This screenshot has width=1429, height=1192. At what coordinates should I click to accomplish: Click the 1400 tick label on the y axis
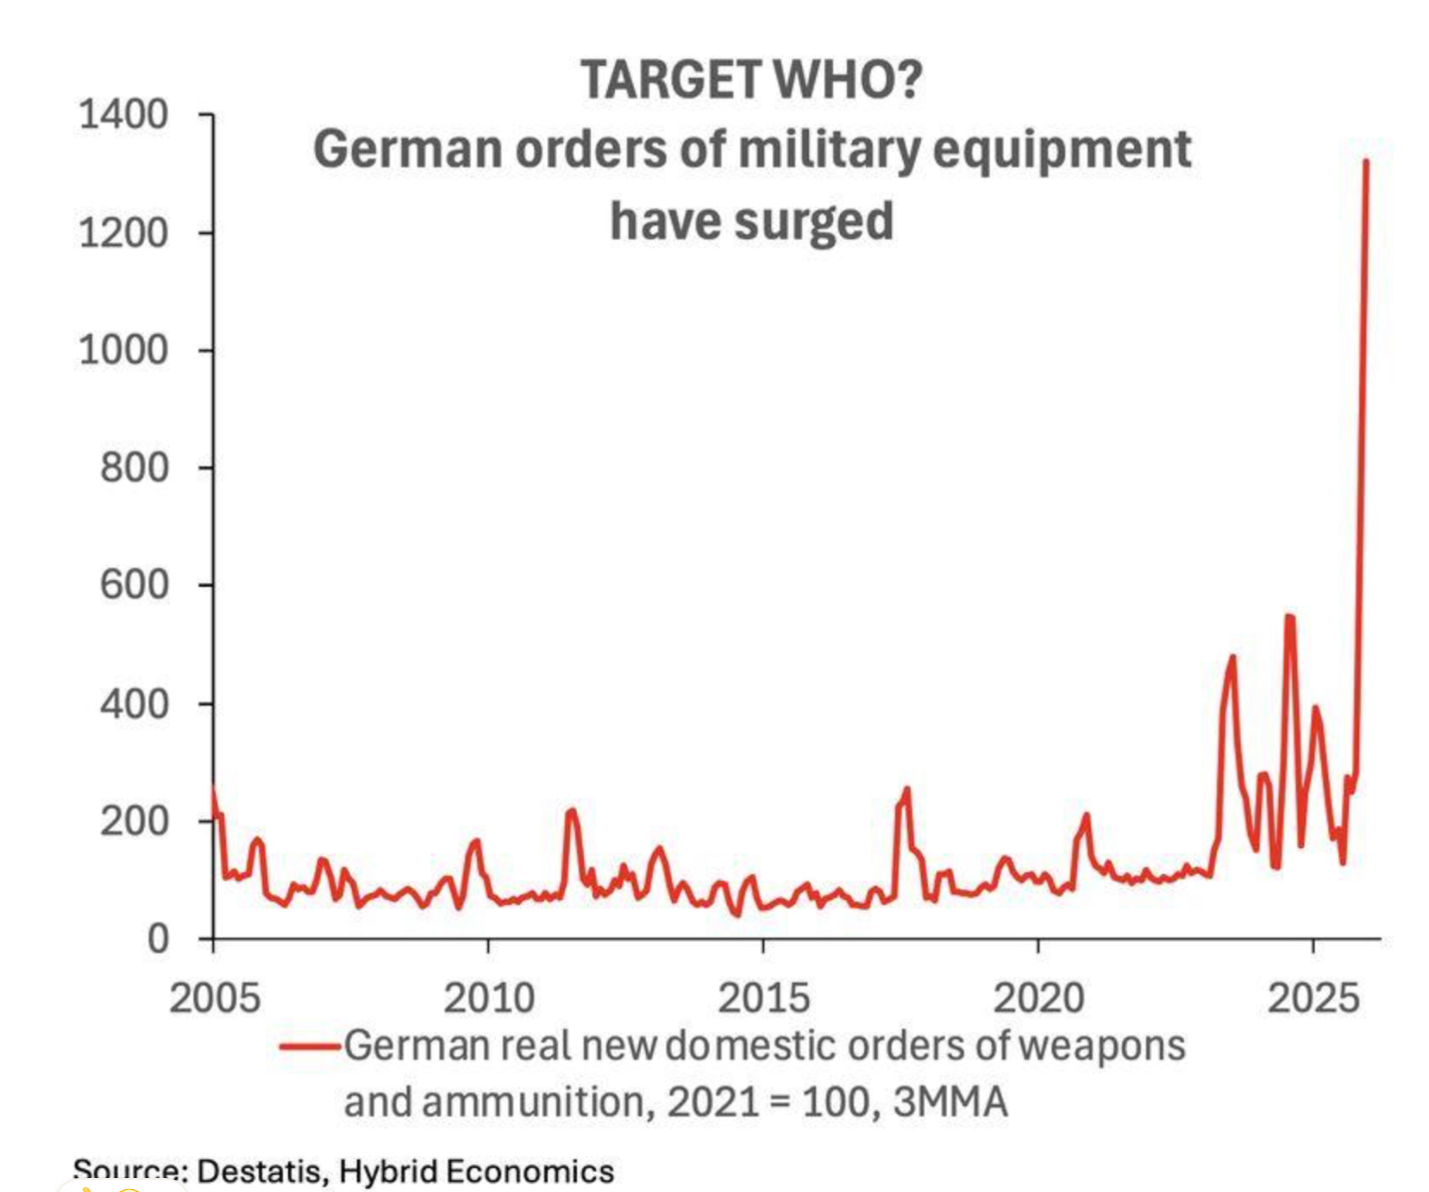click(124, 116)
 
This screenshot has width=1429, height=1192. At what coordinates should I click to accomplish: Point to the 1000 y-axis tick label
click(124, 351)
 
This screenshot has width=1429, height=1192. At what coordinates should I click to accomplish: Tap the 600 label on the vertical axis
click(135, 585)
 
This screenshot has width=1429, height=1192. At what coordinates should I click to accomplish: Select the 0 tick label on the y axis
click(157, 939)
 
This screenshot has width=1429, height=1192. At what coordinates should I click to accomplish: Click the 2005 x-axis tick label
click(214, 997)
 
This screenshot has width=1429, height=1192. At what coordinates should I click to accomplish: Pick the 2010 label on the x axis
click(488, 997)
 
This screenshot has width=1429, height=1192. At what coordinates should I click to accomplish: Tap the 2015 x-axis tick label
click(763, 997)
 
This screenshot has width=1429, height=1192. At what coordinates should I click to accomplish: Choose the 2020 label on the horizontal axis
click(1038, 997)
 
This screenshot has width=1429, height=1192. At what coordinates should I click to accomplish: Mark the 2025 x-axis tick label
click(1312, 997)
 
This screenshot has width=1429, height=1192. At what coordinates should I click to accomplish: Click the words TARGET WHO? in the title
click(751, 80)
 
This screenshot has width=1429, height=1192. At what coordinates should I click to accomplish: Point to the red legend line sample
click(310, 1046)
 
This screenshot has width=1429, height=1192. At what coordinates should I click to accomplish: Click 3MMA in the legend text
click(951, 1102)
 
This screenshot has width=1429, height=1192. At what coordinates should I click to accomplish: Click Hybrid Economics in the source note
click(476, 1171)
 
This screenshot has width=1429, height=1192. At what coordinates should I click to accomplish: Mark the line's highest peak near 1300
click(1365, 161)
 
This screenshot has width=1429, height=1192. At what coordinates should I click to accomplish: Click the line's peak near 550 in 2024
click(1289, 616)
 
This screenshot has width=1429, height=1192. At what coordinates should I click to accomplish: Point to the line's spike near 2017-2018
click(907, 789)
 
